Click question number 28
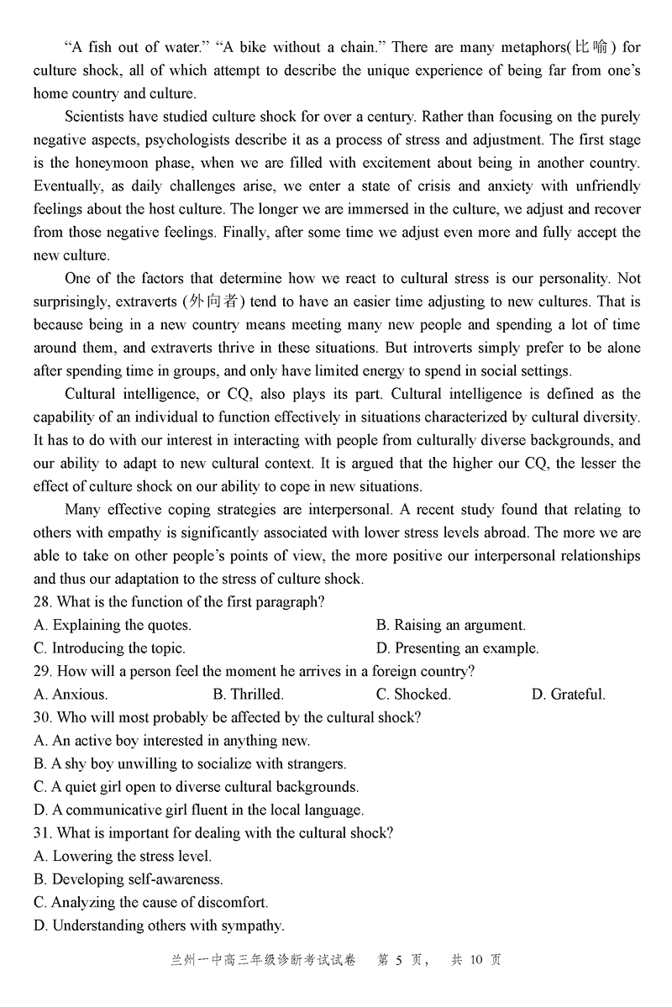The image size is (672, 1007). coord(42,602)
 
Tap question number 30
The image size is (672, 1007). coord(42,717)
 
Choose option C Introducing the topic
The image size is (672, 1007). coord(109,648)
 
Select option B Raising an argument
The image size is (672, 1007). coord(451,625)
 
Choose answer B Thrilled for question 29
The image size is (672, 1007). coord(248,695)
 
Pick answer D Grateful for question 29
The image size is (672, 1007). coord(568,695)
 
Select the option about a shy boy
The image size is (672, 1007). coord(190,764)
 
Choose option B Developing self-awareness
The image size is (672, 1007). coord(129,879)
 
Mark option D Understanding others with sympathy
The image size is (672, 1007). coord(160,926)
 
